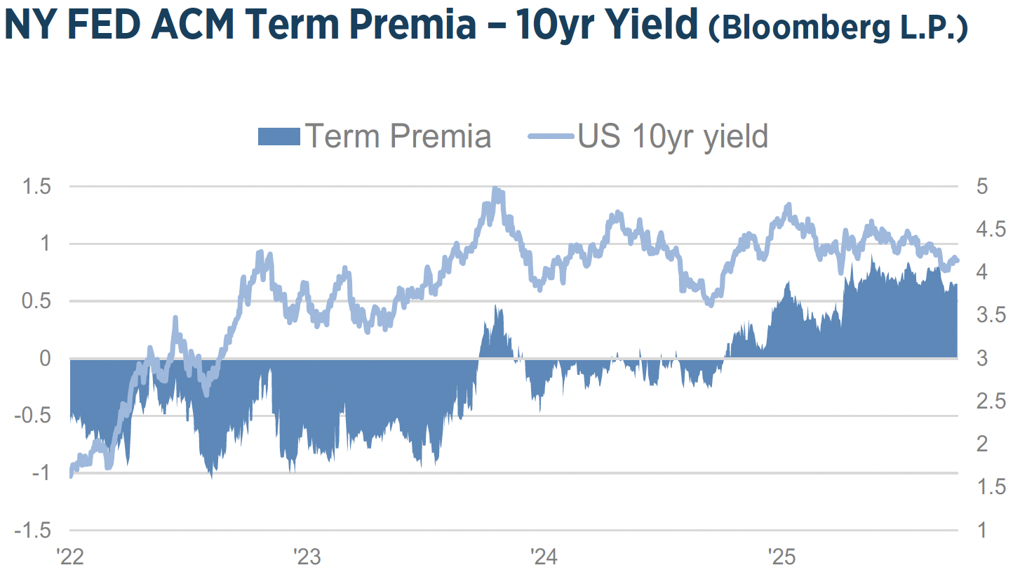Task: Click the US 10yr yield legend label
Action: (672, 136)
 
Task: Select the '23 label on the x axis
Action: (307, 559)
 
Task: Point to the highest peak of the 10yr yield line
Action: (495, 189)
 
